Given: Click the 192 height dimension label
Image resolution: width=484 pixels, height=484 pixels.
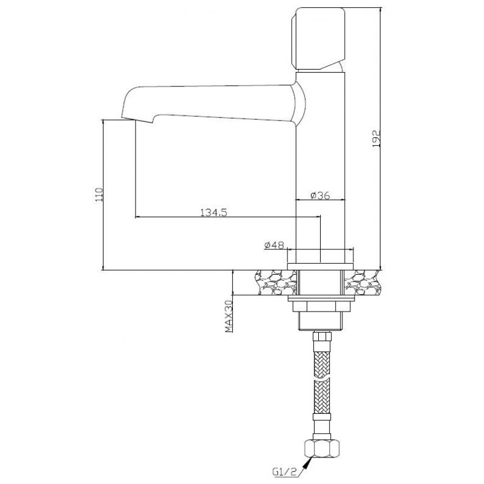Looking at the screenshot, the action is [376, 139].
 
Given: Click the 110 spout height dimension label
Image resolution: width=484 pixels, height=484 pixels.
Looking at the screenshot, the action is [99, 195].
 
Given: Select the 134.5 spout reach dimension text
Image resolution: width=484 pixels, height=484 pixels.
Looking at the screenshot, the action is [214, 213].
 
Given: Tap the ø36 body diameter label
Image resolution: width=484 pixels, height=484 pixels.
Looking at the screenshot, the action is [321, 195].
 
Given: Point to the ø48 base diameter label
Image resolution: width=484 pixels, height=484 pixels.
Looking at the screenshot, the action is [274, 245].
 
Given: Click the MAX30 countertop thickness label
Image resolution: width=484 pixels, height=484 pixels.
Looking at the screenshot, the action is [229, 316].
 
